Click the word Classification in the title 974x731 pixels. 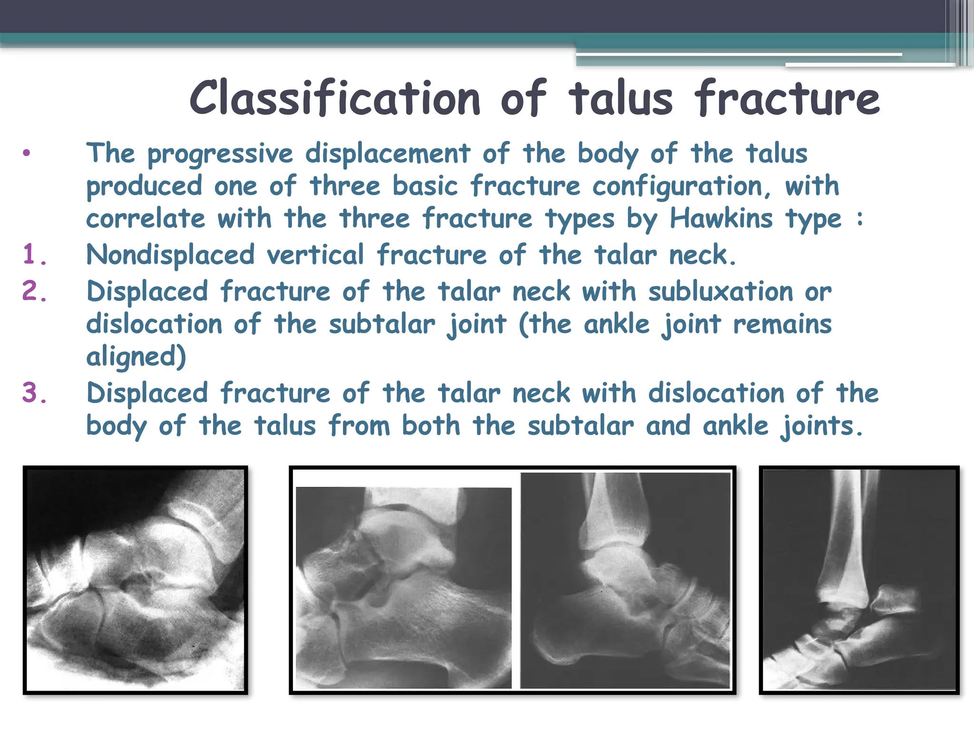[335, 99]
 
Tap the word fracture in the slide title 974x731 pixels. [787, 99]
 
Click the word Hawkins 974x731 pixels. [721, 219]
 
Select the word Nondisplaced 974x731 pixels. [170, 255]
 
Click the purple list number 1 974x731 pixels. [34, 255]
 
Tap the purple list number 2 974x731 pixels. [34, 291]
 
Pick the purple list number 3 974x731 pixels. [34, 394]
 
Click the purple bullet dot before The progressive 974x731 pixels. [27, 153]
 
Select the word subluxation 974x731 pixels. [721, 291]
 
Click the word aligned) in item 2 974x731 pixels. [136, 357]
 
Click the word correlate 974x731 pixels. [146, 219]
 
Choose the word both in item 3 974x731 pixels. [431, 425]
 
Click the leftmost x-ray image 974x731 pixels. [136, 580]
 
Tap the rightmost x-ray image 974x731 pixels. [859, 580]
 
